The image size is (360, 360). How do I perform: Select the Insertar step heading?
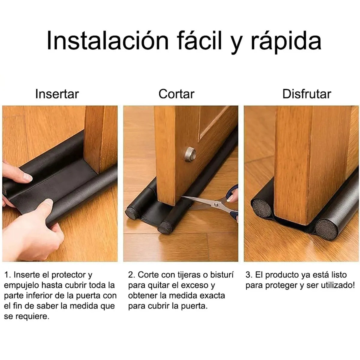click(57, 94)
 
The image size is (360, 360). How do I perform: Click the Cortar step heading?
click(176, 94)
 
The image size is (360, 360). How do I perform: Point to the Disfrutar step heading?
click(307, 94)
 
